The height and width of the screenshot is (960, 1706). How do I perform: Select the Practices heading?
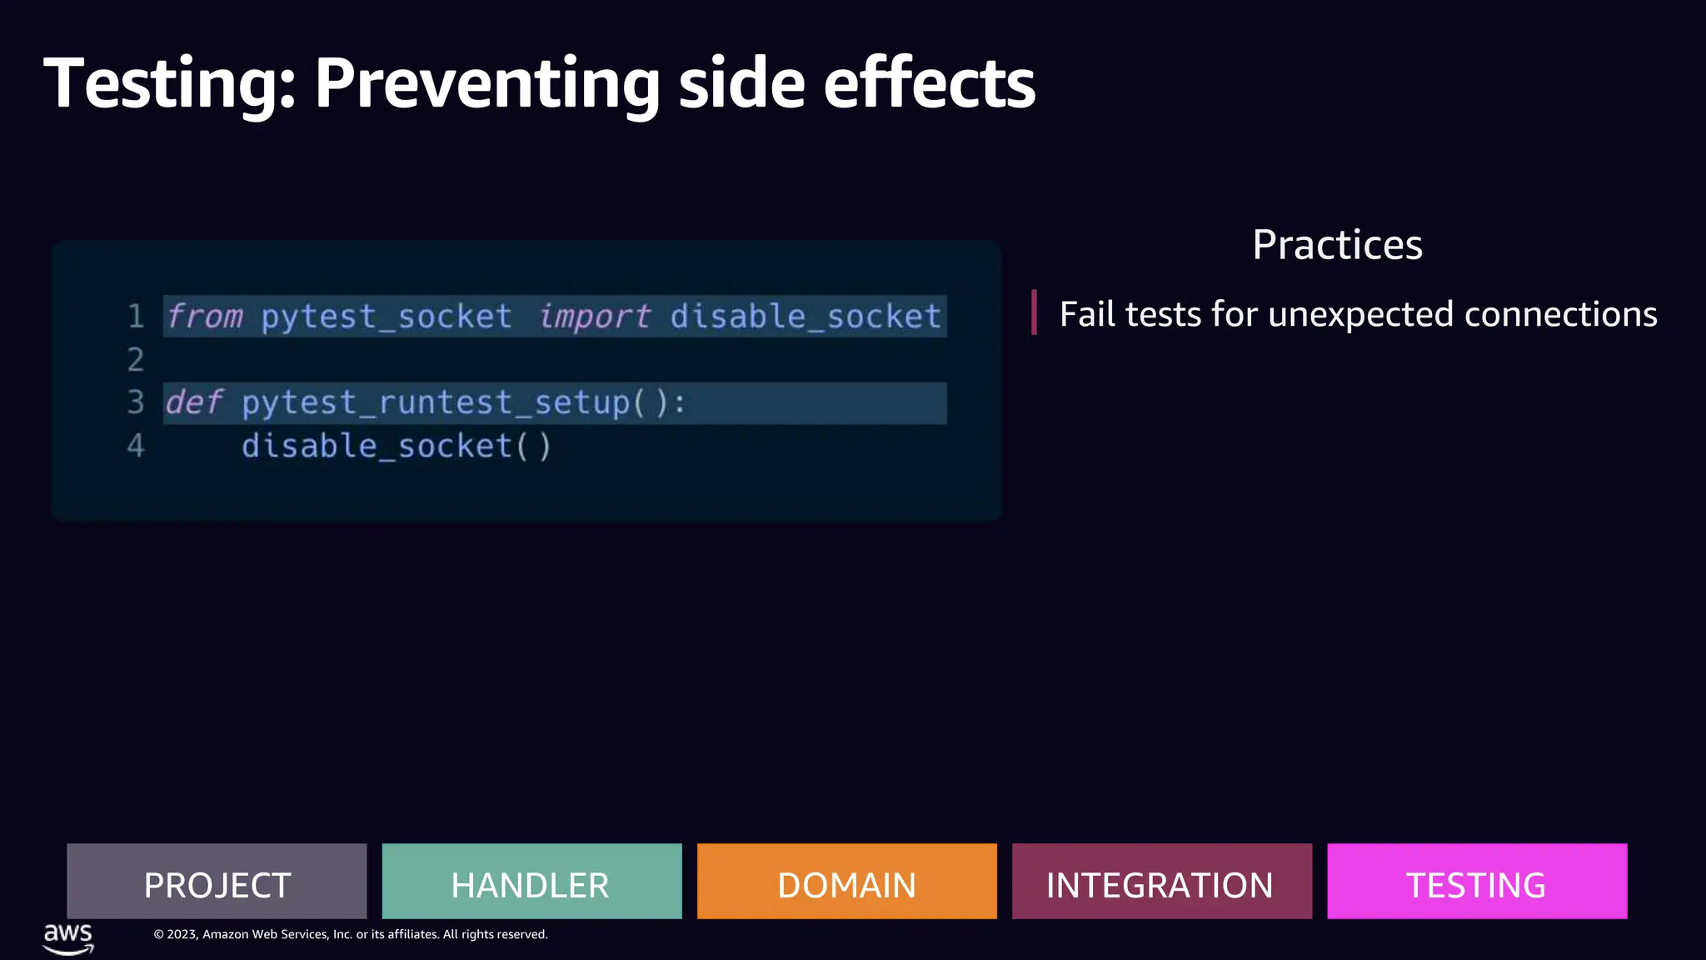tap(1337, 245)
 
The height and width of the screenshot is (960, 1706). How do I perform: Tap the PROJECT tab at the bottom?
tap(217, 882)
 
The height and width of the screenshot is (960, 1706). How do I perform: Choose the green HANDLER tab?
tap(531, 882)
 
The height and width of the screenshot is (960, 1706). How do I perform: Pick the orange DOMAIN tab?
tap(846, 882)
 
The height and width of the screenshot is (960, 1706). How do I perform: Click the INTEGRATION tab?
tap(1161, 882)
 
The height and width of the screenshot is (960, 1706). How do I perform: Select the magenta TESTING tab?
tap(1476, 882)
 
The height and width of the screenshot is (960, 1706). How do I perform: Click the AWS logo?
tap(68, 937)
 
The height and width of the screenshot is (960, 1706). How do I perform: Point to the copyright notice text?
tap(351, 934)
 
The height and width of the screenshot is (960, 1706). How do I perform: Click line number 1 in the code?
tap(136, 317)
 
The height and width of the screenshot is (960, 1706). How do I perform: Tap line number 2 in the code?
tap(136, 360)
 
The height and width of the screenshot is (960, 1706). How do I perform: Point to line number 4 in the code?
tap(136, 446)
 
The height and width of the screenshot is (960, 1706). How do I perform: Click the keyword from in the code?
tap(205, 317)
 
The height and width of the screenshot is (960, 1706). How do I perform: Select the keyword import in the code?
tap(594, 317)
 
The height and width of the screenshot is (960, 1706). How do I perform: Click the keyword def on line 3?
tap(194, 402)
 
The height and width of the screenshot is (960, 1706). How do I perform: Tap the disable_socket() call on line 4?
tap(397, 447)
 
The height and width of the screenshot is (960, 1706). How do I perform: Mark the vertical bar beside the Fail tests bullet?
tap(1034, 312)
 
